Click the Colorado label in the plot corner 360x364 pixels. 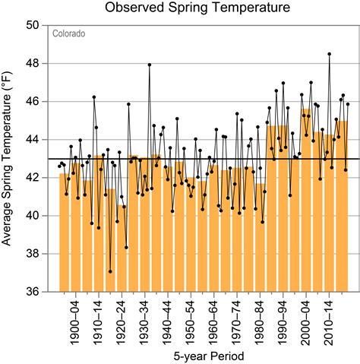click(68, 34)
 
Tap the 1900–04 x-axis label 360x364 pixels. click(76, 319)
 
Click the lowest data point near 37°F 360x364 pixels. click(110, 271)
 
